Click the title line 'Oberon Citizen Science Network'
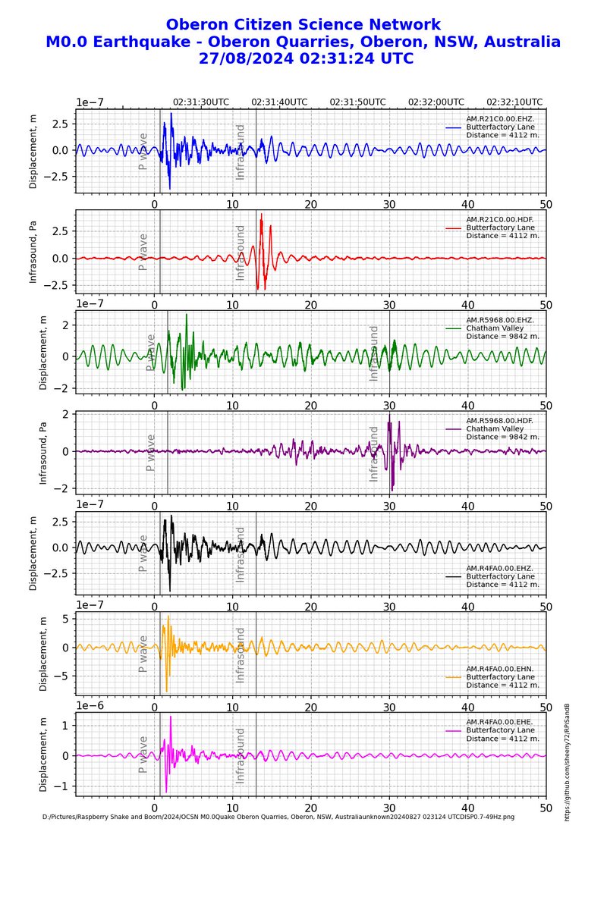click(x=303, y=24)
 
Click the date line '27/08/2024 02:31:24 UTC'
click(x=303, y=58)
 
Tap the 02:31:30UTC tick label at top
click(x=201, y=102)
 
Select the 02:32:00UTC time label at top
click(x=436, y=102)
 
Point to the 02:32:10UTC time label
click(x=514, y=102)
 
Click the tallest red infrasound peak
click(x=261, y=215)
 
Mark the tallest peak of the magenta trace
click(x=171, y=717)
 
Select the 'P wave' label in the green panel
click(x=150, y=353)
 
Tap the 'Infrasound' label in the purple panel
click(x=373, y=453)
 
